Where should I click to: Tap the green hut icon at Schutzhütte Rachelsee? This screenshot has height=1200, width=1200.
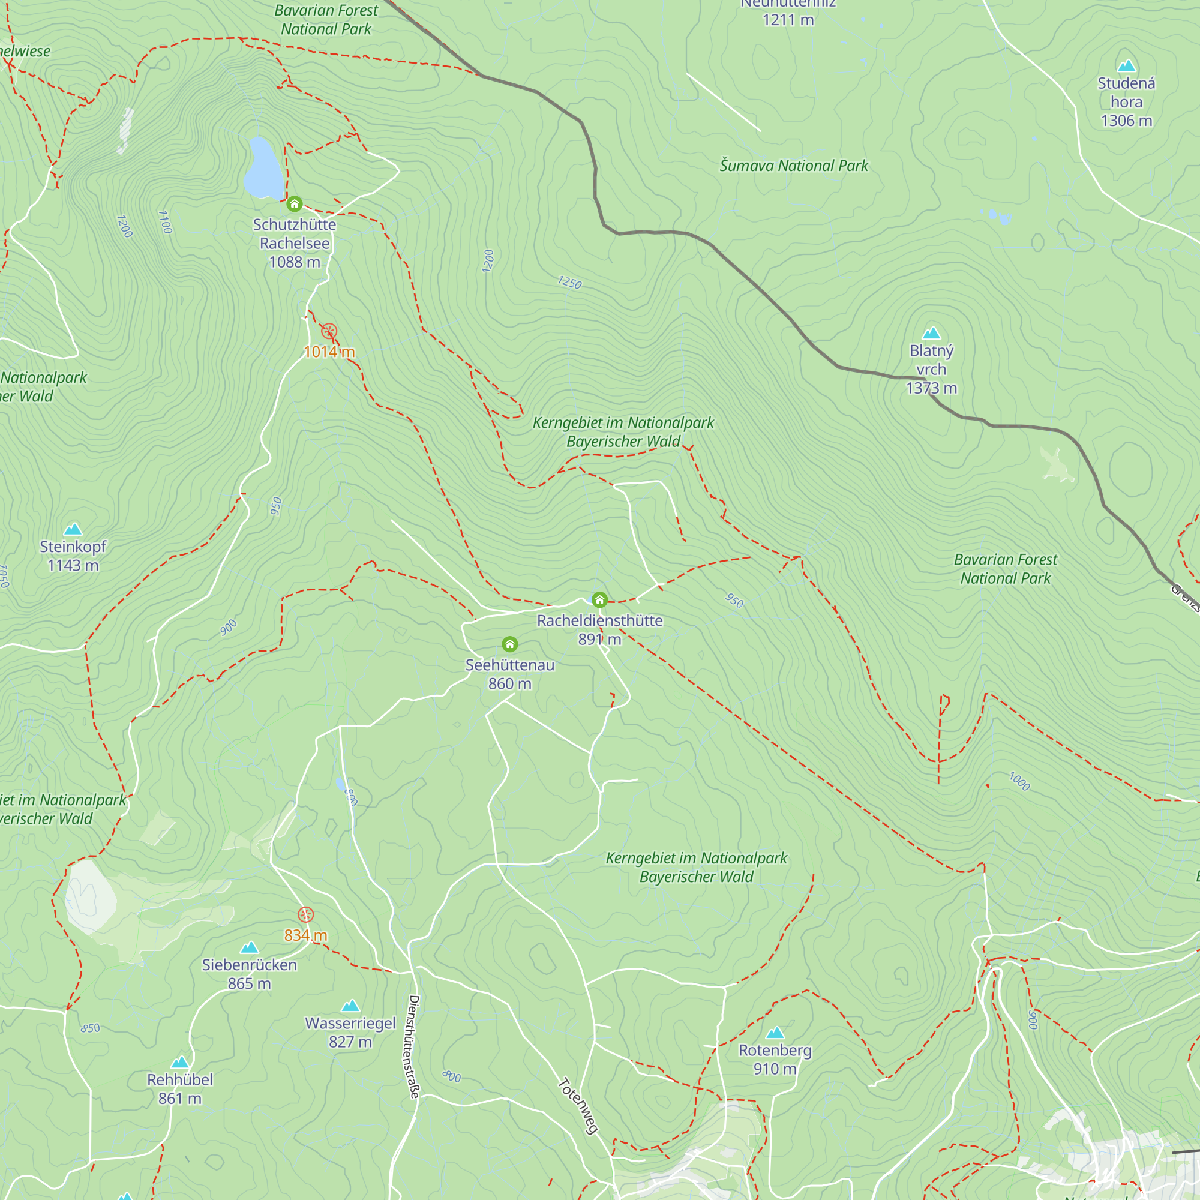[x=295, y=204]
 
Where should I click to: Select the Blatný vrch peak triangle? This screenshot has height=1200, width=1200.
[x=931, y=334]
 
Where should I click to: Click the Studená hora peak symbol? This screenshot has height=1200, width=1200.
[x=1126, y=66]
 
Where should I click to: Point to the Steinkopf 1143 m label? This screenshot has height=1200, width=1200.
[x=73, y=556]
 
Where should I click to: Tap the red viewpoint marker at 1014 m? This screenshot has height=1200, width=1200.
[x=329, y=331]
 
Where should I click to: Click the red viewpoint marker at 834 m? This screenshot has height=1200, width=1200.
[x=305, y=914]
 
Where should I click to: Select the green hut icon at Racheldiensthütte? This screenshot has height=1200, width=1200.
[x=599, y=599]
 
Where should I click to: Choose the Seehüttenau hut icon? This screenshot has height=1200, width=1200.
[x=510, y=643]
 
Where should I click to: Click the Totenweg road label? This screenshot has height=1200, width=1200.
[x=578, y=1106]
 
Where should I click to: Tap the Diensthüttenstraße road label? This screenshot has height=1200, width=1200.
[x=413, y=1046]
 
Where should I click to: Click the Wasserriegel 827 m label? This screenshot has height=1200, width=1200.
[x=350, y=1032]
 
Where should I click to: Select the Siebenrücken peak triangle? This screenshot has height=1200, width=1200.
[x=249, y=947]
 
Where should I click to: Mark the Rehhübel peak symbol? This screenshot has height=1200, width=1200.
[x=180, y=1062]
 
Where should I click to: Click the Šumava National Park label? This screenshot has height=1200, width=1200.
[x=794, y=166]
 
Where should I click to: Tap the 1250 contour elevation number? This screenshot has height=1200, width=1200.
[x=569, y=283]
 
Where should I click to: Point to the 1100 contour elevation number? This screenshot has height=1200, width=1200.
[x=164, y=222]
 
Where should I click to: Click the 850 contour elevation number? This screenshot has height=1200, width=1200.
[x=90, y=1028]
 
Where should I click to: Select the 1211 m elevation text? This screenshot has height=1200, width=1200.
[x=788, y=20]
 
